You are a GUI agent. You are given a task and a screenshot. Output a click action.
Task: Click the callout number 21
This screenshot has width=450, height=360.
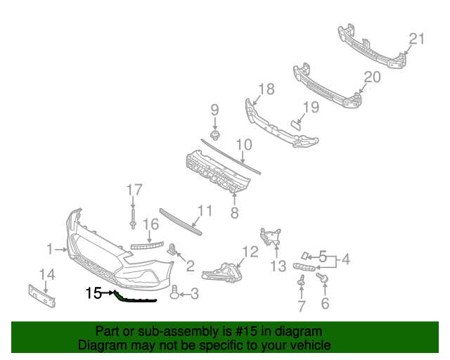tap(417, 39)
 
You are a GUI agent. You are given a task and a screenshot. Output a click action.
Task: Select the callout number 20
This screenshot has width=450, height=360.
tap(372, 77)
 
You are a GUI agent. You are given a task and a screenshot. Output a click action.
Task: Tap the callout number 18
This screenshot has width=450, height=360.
tap(266, 89)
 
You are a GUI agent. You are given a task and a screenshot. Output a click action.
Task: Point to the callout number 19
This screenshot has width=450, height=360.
tap(310, 108)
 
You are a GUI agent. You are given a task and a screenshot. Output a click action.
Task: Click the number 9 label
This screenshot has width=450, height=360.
tap(214, 110)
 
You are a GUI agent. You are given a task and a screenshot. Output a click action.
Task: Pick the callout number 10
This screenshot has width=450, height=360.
tap(243, 146)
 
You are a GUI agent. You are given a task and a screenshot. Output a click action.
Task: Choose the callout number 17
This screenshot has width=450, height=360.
tap(134, 189)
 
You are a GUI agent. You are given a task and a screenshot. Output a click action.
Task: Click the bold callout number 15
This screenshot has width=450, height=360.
tap(94, 292)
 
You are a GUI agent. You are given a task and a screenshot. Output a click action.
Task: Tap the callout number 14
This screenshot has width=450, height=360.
tap(46, 274)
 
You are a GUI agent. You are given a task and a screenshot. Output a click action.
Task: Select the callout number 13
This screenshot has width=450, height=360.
tap(278, 266)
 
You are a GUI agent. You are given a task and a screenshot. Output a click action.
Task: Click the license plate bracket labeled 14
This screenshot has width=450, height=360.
tap(41, 295)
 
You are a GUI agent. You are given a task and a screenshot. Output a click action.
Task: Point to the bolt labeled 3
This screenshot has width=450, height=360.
tap(175, 292)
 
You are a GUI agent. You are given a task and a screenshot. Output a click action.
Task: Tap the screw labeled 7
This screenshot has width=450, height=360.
tap(301, 281)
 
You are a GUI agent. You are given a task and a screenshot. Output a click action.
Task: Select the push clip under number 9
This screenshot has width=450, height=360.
tap(215, 134)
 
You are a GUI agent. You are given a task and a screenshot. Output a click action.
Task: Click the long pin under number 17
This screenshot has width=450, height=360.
tap(133, 215)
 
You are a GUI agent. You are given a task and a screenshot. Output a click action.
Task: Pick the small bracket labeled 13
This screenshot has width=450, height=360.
tap(271, 236)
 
